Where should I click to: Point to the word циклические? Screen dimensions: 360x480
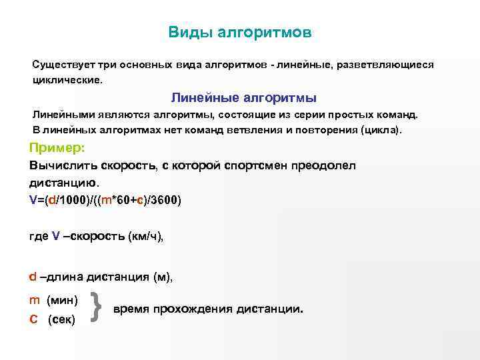tap(68, 79)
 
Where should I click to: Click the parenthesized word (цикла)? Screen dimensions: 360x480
tap(381, 129)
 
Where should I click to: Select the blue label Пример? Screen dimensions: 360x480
tap(57, 148)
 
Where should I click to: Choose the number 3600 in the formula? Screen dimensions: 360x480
tap(164, 199)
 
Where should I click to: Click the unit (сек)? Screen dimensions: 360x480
tap(62, 320)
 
